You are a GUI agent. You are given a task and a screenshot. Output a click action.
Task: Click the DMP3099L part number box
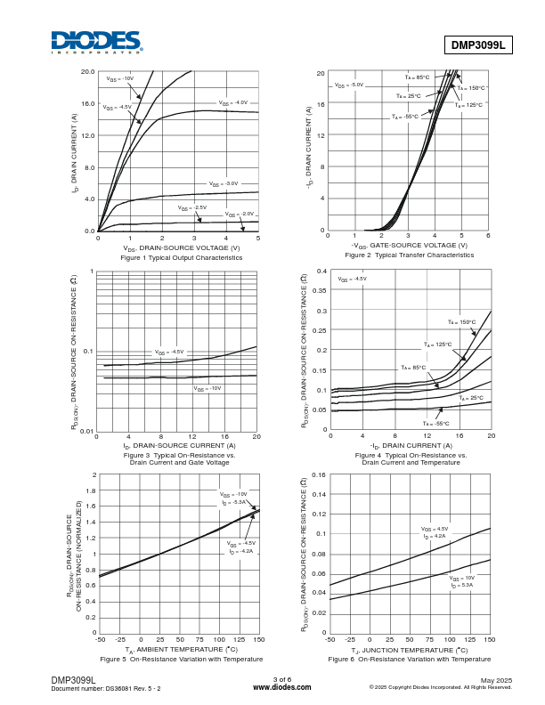pos(478,44)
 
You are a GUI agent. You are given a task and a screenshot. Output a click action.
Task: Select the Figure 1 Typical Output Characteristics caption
pos(182,257)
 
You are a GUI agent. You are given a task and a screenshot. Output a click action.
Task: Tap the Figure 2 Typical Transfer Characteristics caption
pos(409,255)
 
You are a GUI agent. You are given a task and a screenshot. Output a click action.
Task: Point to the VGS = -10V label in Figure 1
pos(120,78)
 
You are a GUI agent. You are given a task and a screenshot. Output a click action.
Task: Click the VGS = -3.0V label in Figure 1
pos(224,183)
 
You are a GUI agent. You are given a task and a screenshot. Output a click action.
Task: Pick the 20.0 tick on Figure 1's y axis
pos(87,71)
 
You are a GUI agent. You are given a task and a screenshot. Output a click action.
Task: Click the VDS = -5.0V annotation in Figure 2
pos(349,85)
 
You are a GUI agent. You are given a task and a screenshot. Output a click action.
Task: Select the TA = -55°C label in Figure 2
pos(404,117)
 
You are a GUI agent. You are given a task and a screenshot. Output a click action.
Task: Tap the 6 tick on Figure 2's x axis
pos(488,236)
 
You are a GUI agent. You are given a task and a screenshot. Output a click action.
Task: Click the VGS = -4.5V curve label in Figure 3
pos(169,352)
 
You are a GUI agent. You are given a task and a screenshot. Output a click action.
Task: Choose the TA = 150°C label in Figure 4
pos(461,322)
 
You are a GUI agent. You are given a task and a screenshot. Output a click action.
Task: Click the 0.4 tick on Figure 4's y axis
pos(322,271)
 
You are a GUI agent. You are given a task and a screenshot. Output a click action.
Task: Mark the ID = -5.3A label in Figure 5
pos(234,503)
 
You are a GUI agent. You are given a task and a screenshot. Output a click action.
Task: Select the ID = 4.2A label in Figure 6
pos(435,536)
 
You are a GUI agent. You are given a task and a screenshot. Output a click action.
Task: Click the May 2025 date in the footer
pos(496,680)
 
